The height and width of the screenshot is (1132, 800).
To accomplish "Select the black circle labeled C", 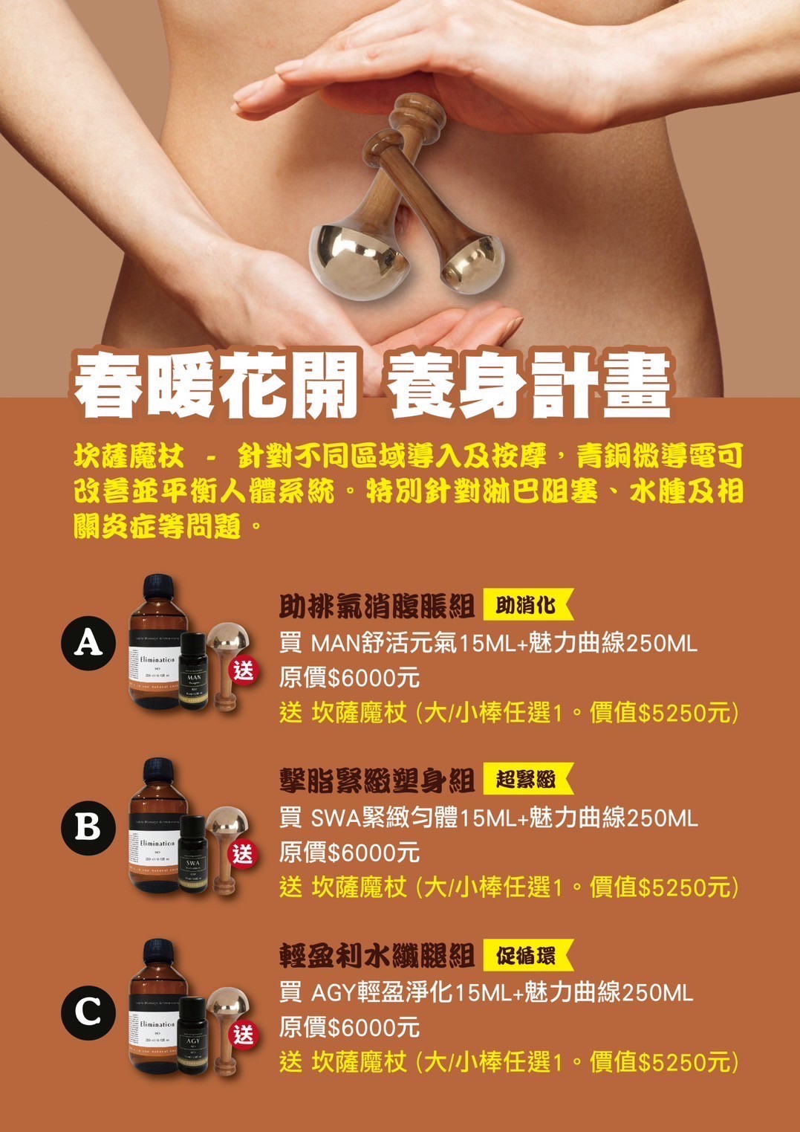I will (88, 1011).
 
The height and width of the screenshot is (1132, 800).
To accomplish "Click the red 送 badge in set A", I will (244, 670).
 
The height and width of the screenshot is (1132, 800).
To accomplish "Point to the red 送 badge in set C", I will (244, 1034).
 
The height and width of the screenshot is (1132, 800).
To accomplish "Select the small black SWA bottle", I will (193, 854).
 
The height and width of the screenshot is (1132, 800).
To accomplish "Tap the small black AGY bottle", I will (193, 1035).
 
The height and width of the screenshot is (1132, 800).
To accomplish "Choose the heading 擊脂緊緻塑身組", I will (377, 780).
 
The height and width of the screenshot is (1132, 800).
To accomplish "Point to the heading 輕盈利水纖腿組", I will (377, 956).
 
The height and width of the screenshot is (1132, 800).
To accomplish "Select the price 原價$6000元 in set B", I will (349, 853).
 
